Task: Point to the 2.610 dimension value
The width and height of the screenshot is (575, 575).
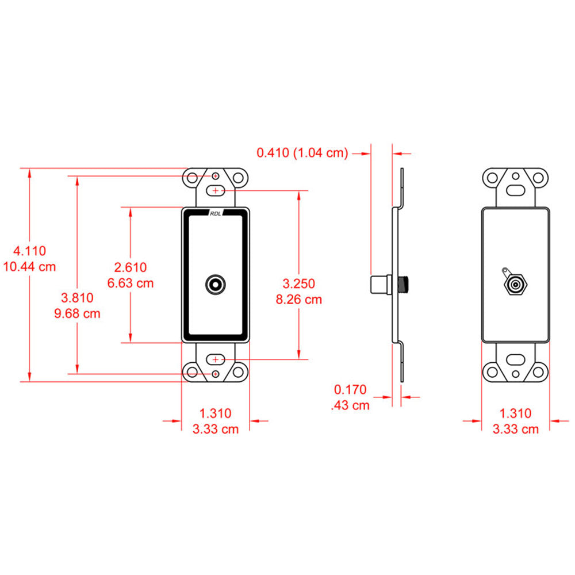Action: (x=131, y=267)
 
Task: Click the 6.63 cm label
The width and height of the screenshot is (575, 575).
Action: (x=131, y=283)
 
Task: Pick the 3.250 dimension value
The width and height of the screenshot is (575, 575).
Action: (x=299, y=283)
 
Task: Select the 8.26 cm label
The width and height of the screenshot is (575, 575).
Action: (x=299, y=299)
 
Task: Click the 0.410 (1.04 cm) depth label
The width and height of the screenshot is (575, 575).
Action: (x=302, y=153)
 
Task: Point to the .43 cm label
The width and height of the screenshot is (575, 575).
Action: (x=351, y=405)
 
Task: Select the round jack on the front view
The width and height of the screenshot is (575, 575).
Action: (x=216, y=284)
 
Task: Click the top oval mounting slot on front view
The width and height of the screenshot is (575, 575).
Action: (x=216, y=189)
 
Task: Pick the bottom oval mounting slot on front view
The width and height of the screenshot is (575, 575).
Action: (x=216, y=359)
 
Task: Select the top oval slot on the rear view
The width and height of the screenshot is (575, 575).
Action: (x=516, y=189)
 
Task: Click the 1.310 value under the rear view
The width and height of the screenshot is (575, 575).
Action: (x=516, y=413)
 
